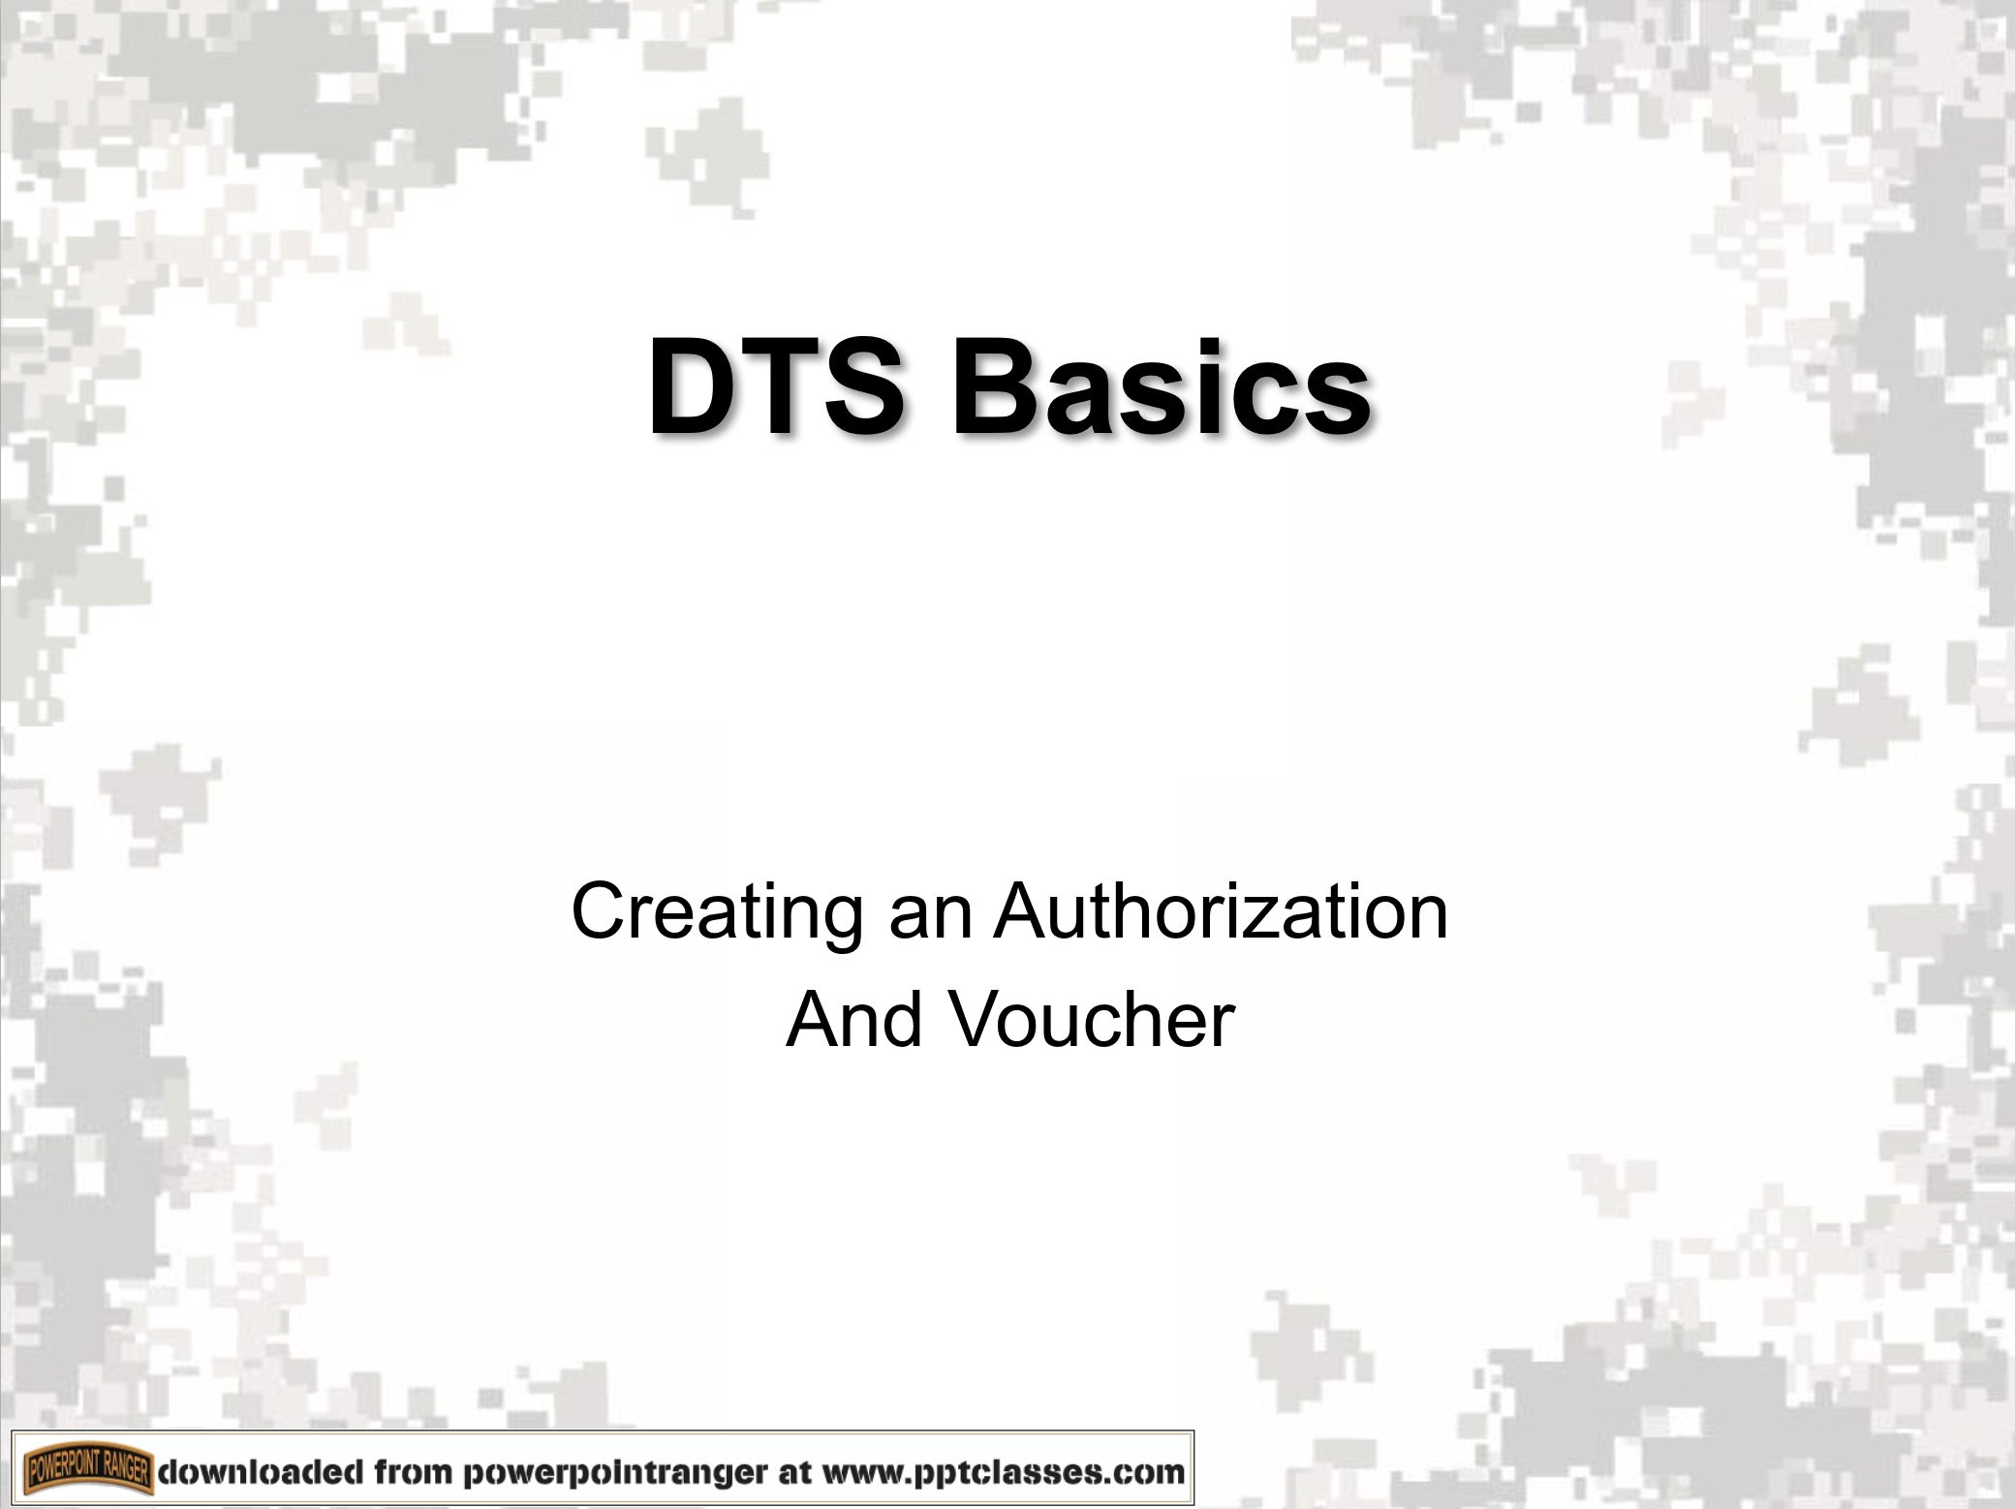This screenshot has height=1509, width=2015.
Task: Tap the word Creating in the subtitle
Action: pos(718,912)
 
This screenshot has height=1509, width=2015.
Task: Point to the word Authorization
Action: pos(1221,910)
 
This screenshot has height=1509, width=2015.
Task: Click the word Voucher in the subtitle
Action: pos(1091,1019)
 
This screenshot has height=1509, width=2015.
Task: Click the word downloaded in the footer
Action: pos(261,1472)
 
